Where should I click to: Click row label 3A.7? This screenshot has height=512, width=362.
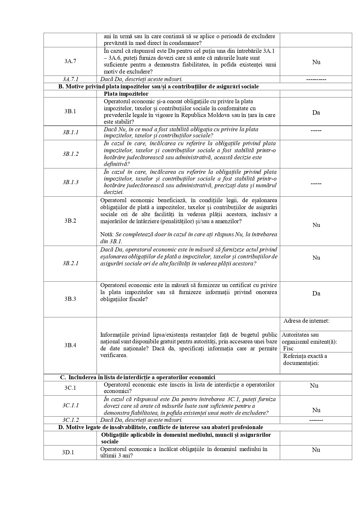(x=70, y=61)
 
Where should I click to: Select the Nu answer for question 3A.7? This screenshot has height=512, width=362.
(x=316, y=62)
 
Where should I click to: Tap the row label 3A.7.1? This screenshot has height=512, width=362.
(x=70, y=79)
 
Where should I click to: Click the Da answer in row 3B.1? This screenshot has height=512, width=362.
(x=316, y=113)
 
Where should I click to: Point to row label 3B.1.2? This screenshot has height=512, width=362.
(x=70, y=154)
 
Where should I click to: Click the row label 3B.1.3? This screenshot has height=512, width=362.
(x=70, y=182)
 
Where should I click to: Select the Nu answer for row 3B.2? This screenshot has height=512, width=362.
(x=316, y=225)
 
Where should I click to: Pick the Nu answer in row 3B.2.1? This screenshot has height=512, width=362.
(x=316, y=258)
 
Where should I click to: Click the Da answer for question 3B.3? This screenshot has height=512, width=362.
(x=316, y=293)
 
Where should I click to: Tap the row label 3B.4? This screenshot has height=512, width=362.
(x=70, y=345)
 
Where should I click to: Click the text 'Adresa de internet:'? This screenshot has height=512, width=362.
(x=306, y=321)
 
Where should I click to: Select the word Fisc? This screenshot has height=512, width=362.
(x=288, y=348)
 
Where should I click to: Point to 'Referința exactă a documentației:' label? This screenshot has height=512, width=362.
(x=305, y=359)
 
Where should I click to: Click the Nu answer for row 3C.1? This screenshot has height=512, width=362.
(x=314, y=386)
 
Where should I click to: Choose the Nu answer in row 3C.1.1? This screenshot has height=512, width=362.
(x=316, y=410)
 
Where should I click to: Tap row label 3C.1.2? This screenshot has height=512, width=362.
(x=70, y=420)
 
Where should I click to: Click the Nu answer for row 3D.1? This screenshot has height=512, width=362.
(x=316, y=450)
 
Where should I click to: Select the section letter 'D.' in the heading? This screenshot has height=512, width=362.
(x=61, y=427)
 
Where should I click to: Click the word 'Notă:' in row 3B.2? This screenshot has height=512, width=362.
(x=107, y=234)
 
